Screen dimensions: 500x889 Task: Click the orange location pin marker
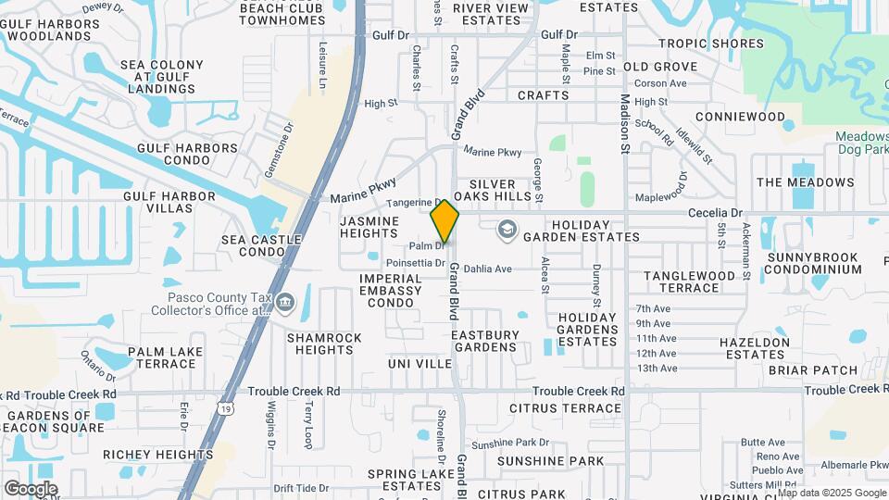point(444,221)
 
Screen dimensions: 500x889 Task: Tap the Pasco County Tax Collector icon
point(284,302)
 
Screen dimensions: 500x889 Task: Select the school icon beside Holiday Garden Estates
point(507,230)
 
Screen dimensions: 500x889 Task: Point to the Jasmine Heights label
point(369,228)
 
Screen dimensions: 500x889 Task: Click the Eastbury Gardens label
point(483,340)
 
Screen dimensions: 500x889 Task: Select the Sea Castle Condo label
point(261,245)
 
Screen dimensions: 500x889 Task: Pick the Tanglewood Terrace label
point(695,281)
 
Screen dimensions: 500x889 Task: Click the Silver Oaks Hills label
point(504,190)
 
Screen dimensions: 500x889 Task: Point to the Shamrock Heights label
point(324,344)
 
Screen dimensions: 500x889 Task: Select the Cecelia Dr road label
point(716,212)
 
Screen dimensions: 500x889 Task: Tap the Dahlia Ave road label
point(489,269)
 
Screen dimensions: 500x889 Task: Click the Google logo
point(30,488)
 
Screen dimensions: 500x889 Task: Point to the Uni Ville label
point(420,364)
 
